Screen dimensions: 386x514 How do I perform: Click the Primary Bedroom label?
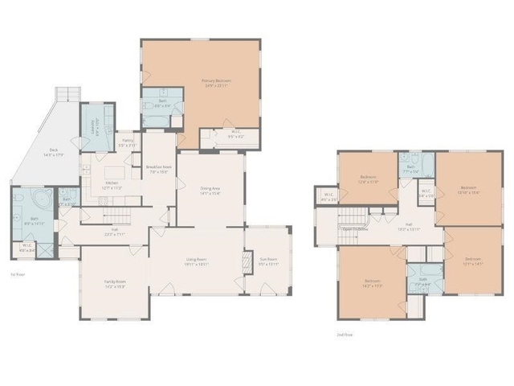[x=217, y=83]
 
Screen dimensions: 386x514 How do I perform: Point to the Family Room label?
[x=115, y=284]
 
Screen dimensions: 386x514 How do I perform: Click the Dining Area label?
[x=210, y=191]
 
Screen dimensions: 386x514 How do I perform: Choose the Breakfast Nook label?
[x=157, y=169]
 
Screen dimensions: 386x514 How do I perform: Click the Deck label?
[x=53, y=152]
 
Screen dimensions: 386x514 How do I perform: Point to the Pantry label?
[x=128, y=142]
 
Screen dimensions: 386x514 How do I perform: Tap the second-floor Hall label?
[x=409, y=226]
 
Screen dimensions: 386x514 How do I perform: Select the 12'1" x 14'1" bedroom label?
[x=474, y=261]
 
